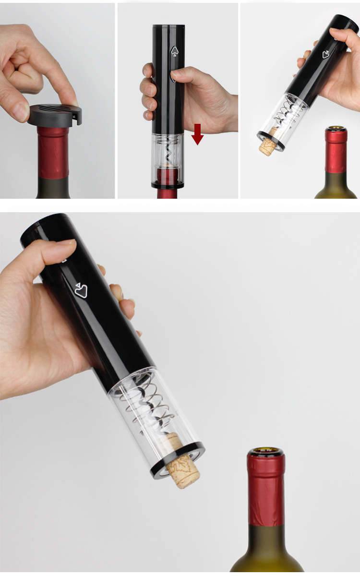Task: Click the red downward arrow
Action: click(x=197, y=134)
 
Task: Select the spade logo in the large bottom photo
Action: click(x=81, y=290)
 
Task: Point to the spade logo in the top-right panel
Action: click(x=326, y=54)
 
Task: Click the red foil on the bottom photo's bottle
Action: click(x=266, y=490)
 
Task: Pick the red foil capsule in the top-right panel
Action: click(x=336, y=151)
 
